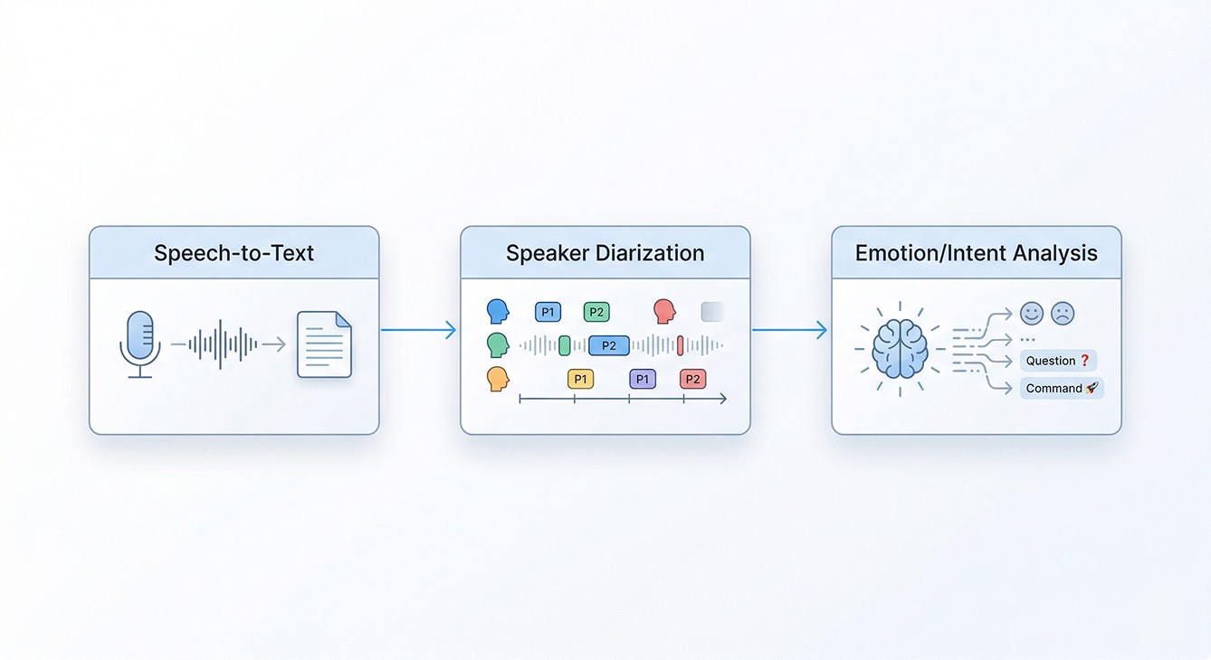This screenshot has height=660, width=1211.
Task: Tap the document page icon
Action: click(324, 344)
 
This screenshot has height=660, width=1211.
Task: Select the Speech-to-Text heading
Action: click(234, 253)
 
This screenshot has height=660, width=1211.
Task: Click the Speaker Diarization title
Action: click(605, 253)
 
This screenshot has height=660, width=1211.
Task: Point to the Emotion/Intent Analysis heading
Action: click(976, 253)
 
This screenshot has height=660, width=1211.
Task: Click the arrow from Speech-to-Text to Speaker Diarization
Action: click(418, 330)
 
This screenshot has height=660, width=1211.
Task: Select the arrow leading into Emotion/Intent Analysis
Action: click(789, 330)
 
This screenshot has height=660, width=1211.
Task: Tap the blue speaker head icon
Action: click(497, 312)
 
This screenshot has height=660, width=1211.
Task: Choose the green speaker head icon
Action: click(497, 344)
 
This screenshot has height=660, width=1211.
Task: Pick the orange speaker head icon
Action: click(497, 379)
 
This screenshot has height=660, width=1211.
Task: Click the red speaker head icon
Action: click(664, 312)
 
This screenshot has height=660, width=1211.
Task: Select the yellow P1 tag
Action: click(580, 379)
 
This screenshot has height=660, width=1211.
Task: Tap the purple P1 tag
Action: click(642, 379)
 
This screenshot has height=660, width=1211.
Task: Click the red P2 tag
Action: click(692, 379)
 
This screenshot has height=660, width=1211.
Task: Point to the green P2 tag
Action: click(596, 313)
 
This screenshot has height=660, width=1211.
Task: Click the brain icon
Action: click(900, 349)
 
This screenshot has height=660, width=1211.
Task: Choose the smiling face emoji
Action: click(1031, 314)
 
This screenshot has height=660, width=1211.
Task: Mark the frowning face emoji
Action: click(1062, 314)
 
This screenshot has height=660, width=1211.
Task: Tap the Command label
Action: click(1061, 389)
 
